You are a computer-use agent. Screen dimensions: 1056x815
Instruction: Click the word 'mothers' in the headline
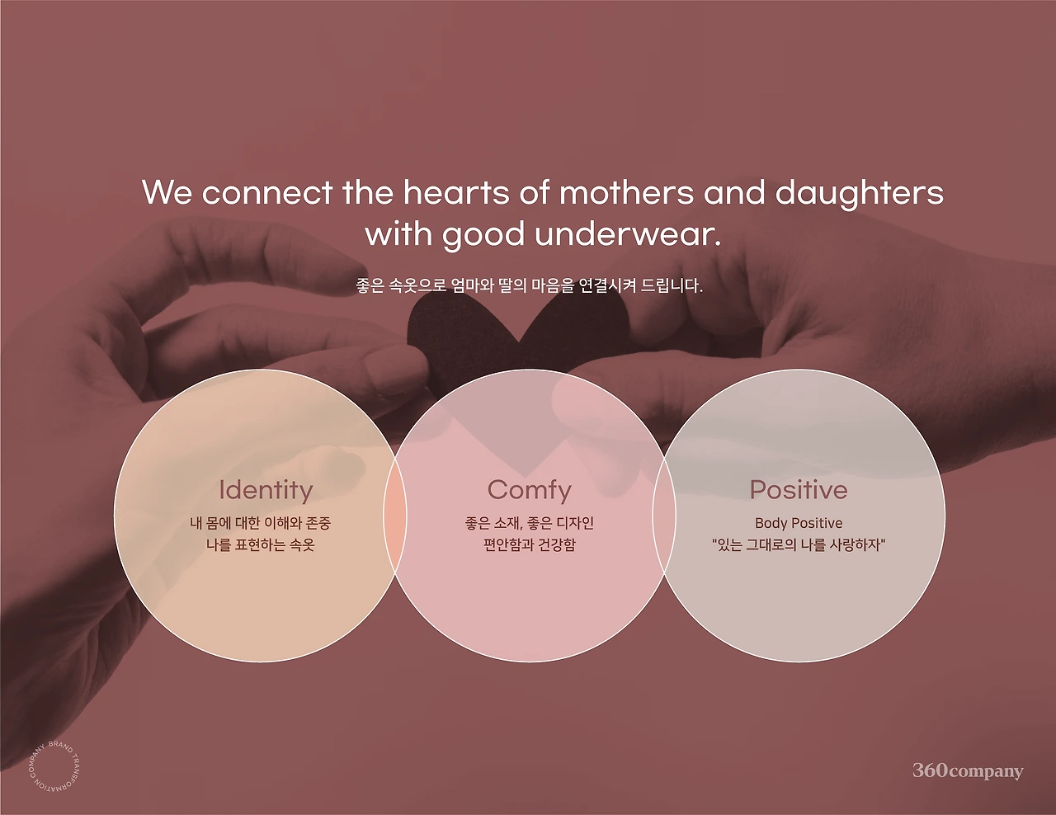[626, 192]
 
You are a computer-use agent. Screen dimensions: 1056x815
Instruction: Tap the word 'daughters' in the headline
[859, 194]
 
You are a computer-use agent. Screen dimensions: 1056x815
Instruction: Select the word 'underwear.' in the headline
[628, 234]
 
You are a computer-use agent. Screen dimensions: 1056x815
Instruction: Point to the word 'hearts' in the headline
[456, 192]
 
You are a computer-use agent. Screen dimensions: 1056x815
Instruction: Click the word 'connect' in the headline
[267, 193]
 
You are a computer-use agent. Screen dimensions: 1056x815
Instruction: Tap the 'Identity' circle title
[266, 490]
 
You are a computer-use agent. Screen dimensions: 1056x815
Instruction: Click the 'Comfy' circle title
[529, 490]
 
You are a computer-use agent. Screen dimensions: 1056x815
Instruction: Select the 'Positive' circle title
[799, 490]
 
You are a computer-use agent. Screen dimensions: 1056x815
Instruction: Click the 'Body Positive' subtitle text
[799, 523]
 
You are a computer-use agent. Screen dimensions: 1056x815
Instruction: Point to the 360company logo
[968, 770]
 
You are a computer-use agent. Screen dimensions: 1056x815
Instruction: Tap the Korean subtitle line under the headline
[529, 285]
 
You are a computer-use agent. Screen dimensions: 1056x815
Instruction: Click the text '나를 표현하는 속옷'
[261, 545]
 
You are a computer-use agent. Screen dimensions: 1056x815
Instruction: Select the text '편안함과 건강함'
[529, 545]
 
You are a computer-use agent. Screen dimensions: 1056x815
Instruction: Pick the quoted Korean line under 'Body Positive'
[799, 545]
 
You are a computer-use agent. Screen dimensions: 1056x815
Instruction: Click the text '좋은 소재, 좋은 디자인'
[529, 523]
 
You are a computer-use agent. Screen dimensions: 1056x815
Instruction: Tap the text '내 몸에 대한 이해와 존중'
[261, 523]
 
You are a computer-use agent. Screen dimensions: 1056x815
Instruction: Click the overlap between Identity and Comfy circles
[394, 516]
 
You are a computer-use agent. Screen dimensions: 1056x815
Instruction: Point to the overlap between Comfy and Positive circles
[664, 516]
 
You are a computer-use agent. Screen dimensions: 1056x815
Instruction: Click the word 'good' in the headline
[483, 235]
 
